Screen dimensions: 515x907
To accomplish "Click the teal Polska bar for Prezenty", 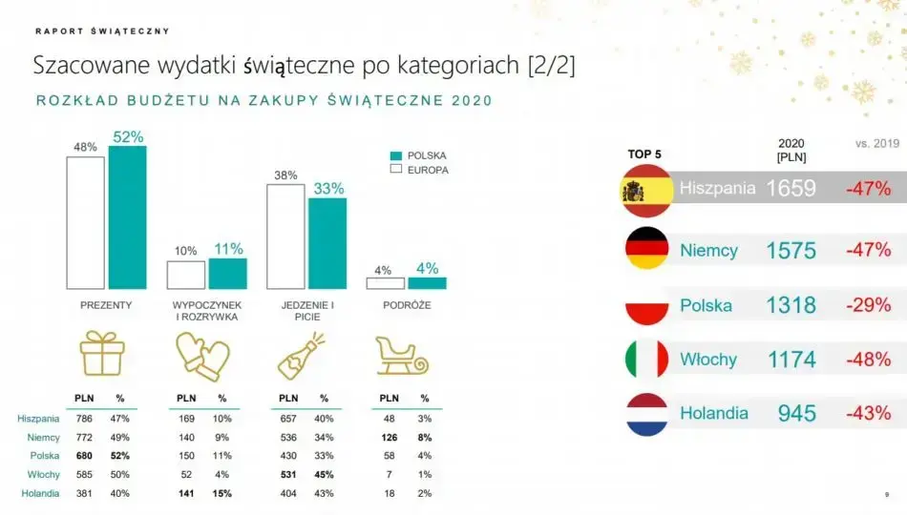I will (127, 217).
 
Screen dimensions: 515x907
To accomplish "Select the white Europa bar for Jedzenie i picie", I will (285, 237).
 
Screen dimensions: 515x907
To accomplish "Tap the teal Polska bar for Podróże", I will (427, 283).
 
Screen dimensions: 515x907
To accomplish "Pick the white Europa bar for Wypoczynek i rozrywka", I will (185, 275).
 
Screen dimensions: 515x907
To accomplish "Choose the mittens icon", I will (202, 356).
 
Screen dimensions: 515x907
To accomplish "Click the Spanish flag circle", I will (646, 189).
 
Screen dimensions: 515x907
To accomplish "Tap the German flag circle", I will (646, 249).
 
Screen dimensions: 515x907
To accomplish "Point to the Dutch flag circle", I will (646, 414).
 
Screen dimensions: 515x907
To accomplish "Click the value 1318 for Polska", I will (791, 305).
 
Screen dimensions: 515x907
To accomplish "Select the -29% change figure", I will (867, 305).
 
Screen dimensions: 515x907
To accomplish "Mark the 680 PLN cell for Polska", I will (84, 456).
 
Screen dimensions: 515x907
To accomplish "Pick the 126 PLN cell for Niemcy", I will (389, 437).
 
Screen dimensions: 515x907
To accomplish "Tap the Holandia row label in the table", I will (39, 493).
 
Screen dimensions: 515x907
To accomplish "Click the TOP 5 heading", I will (644, 154).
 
